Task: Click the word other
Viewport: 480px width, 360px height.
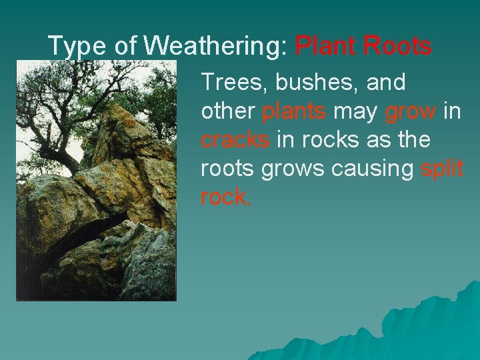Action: coord(228,111)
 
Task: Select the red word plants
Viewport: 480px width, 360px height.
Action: coord(294,112)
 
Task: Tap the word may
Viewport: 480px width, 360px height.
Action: coord(355,112)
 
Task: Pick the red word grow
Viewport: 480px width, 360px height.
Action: coord(411,112)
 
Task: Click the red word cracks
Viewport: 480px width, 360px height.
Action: coord(235,140)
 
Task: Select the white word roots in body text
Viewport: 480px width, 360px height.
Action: coord(227,169)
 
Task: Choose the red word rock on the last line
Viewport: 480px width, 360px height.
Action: coord(223,198)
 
